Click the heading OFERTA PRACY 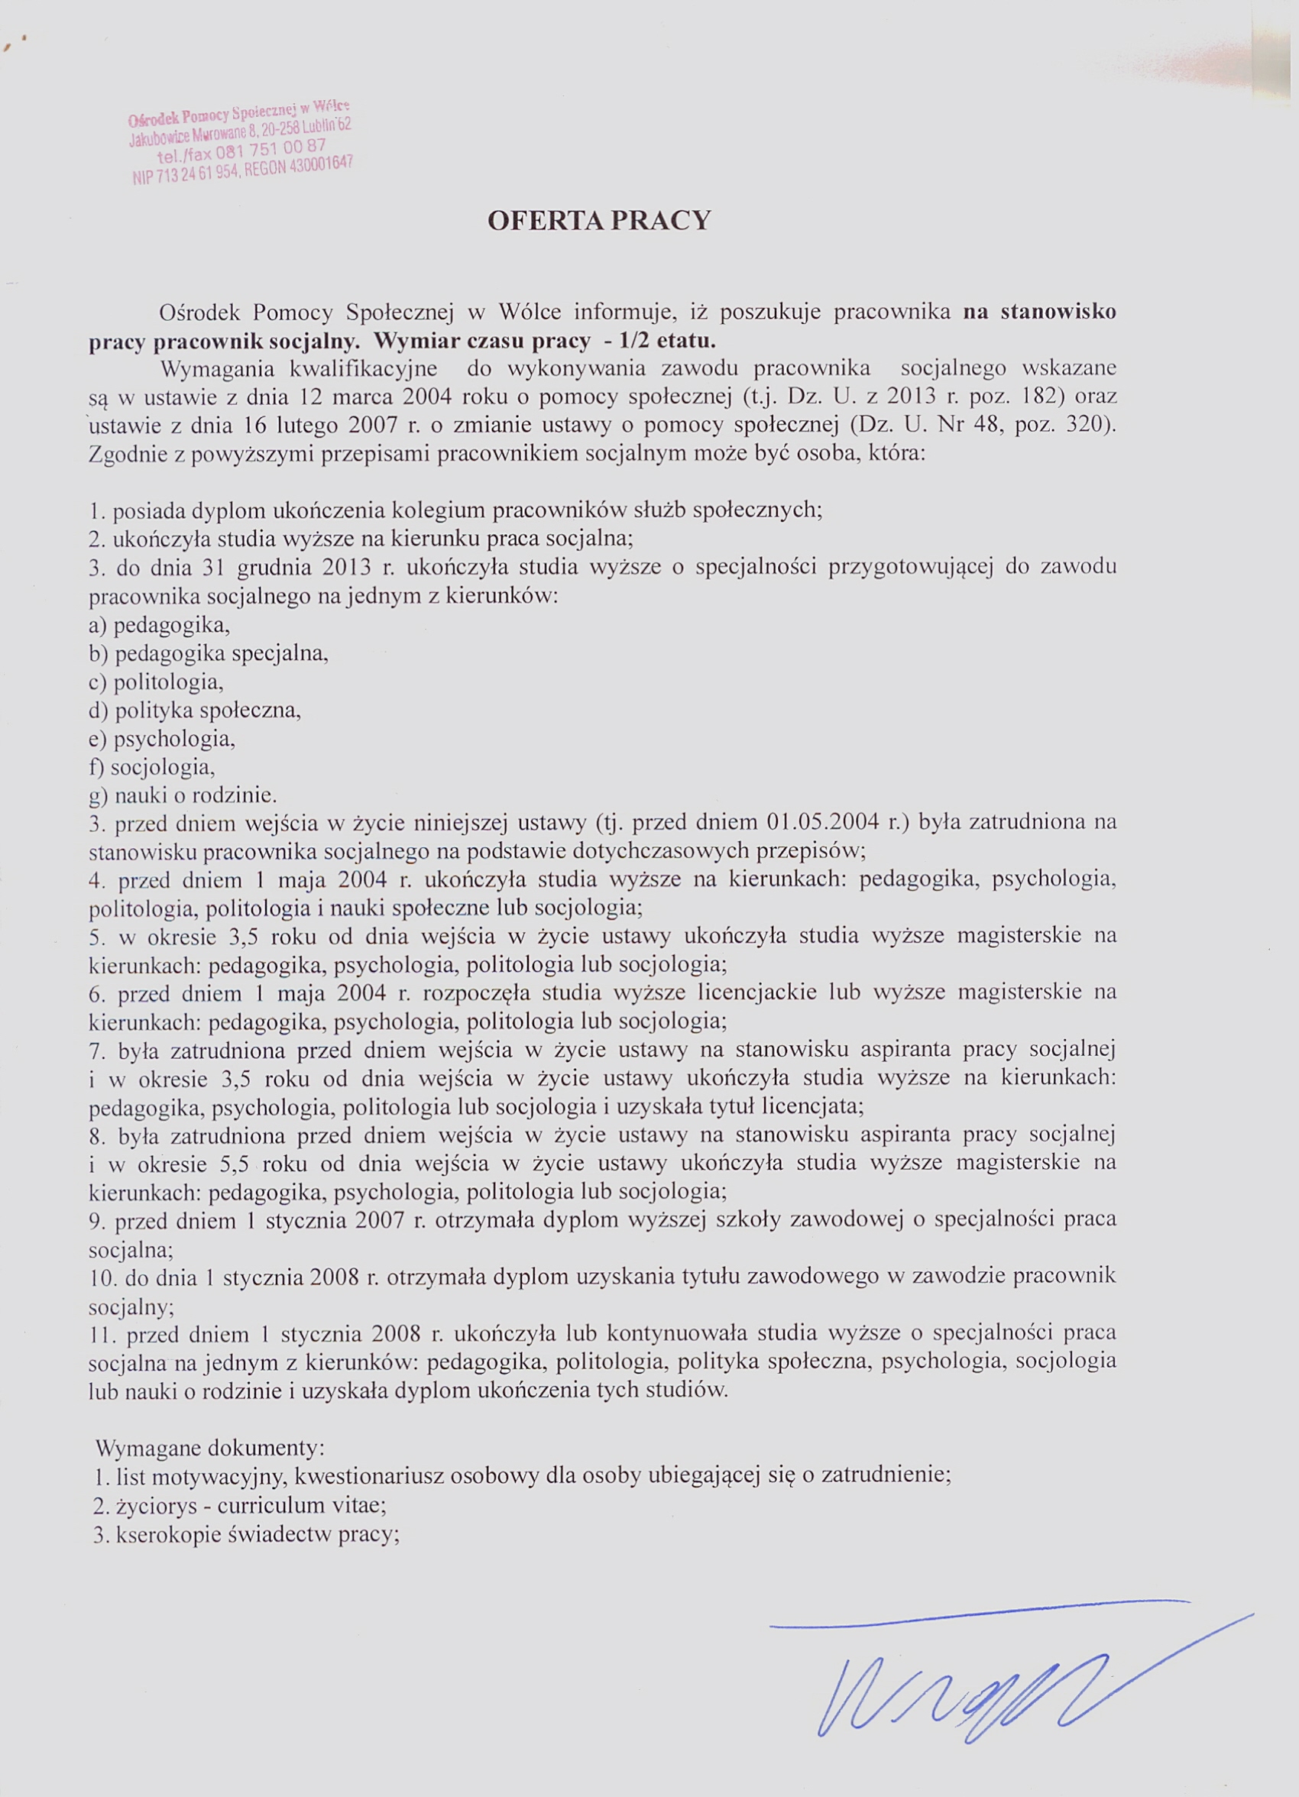(599, 220)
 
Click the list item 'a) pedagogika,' (158, 625)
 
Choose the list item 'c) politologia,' (156, 682)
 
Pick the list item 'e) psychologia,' (162, 740)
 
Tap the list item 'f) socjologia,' (152, 767)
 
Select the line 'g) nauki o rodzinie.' (183, 795)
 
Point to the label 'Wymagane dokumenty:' (209, 1448)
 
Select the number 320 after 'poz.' (1087, 426)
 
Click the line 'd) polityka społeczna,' (195, 710)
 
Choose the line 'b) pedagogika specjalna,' (209, 654)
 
